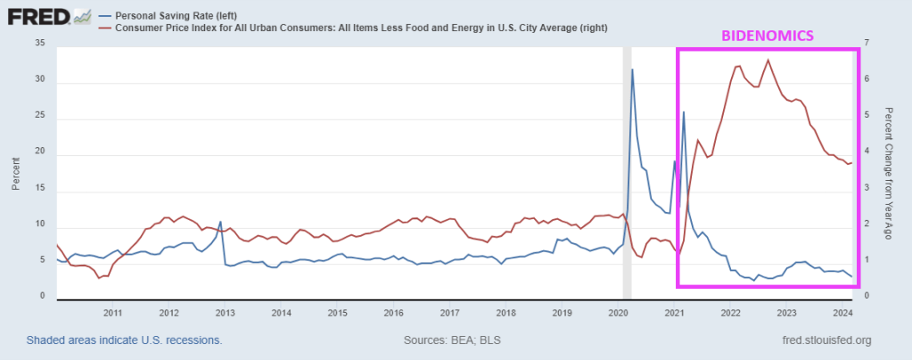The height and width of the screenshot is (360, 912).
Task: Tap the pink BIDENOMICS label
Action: [767, 36]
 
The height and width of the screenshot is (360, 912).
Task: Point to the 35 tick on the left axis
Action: [39, 43]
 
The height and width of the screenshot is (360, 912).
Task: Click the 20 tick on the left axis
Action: [39, 155]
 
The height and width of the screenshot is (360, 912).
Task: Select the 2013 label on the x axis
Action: [225, 313]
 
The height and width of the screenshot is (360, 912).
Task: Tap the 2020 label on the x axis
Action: [619, 313]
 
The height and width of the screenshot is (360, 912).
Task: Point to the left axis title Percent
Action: [16, 173]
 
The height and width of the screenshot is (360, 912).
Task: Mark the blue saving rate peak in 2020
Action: [633, 70]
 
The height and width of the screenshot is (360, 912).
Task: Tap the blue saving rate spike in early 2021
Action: [684, 112]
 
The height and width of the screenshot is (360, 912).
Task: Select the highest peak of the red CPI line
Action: [768, 60]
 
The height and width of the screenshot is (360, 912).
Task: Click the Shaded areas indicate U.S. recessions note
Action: [124, 340]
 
